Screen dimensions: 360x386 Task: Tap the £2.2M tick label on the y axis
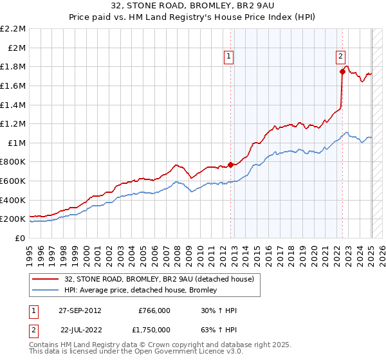(13, 29)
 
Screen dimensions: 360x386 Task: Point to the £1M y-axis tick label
(17, 143)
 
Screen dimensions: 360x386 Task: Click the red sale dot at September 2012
(230, 165)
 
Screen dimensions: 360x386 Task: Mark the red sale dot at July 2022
(342, 72)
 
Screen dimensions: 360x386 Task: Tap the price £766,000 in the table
(154, 310)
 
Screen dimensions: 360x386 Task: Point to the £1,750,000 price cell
(151, 329)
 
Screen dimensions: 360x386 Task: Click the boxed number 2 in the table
(34, 329)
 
